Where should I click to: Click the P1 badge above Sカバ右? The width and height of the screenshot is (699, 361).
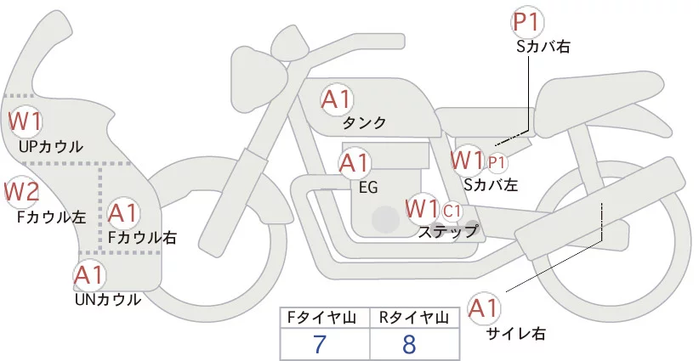[528, 23]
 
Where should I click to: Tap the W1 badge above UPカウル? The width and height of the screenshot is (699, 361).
[26, 122]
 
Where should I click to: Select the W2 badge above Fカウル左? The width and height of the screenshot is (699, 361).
[22, 193]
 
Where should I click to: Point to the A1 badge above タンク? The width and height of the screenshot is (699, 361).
[337, 100]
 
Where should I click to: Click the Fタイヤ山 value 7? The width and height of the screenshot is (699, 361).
[324, 344]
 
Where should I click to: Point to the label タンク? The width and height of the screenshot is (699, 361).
[364, 123]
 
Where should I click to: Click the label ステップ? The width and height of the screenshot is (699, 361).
[447, 230]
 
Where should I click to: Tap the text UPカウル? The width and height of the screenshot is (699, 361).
[51, 147]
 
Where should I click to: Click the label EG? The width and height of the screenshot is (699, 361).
[368, 187]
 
